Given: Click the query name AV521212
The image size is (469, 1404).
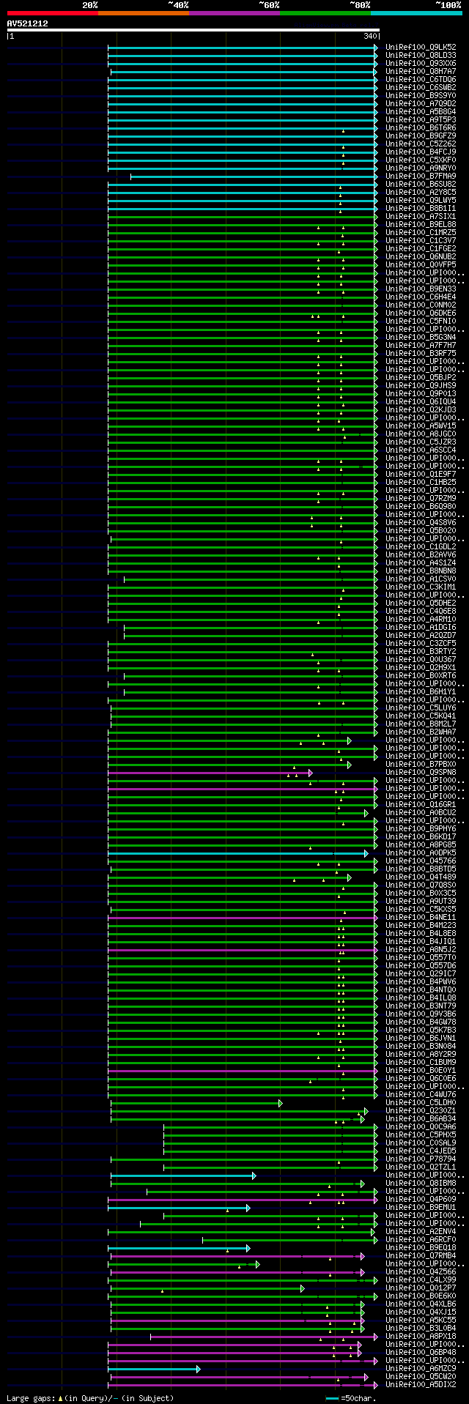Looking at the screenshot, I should (x=28, y=23).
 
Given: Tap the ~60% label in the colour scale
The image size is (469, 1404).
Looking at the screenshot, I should (x=269, y=5).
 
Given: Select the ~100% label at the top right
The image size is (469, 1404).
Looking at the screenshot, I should (x=447, y=5).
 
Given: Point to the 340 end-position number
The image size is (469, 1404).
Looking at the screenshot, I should (x=370, y=36).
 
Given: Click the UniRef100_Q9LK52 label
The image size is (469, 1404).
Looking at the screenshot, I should (x=421, y=48).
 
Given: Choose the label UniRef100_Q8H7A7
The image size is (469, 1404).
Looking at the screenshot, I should (x=421, y=72).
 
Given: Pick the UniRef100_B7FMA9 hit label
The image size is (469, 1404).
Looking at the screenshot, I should (x=421, y=177).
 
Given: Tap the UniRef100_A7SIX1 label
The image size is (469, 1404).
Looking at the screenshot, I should (x=421, y=217).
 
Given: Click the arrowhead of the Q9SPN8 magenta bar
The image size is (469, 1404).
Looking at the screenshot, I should (x=311, y=773).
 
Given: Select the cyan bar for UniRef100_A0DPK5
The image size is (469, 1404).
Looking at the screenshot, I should (x=234, y=853).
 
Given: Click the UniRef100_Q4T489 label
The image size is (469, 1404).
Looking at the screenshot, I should (x=421, y=877).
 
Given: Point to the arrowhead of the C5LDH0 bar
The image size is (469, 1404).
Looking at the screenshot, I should (x=280, y=1103).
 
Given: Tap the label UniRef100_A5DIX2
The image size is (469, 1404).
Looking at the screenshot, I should (x=421, y=1385).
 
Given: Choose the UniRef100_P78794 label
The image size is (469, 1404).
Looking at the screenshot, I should (x=421, y=1159).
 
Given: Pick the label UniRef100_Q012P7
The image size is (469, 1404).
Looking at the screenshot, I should (x=421, y=1288).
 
